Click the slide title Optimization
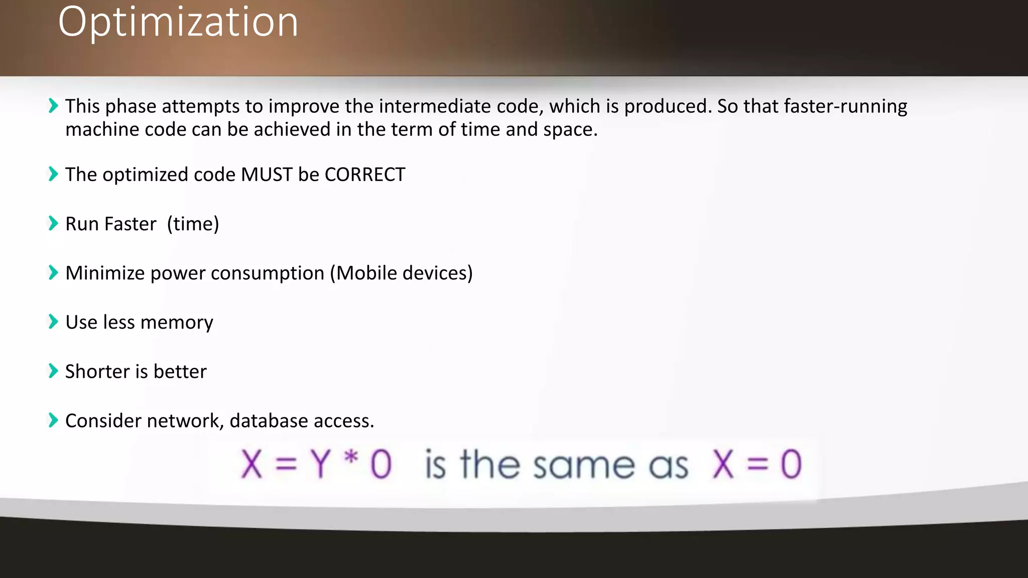(178, 23)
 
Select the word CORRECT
(365, 175)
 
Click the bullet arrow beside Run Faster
(53, 223)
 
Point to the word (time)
(193, 224)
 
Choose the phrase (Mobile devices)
(402, 273)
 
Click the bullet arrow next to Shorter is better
(53, 371)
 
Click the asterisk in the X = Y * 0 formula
(351, 458)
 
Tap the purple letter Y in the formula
(320, 464)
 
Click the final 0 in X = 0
(791, 464)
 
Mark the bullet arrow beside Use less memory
(53, 322)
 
